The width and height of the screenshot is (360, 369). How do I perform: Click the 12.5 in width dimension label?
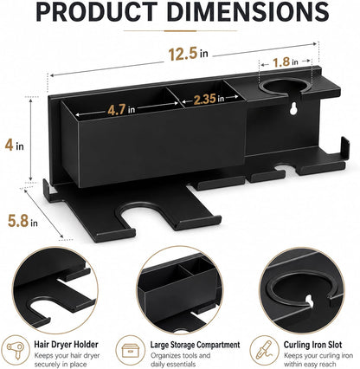[x=188, y=54]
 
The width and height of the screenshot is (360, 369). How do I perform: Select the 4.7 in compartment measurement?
[x=121, y=110]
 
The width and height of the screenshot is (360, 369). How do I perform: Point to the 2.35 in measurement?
[x=209, y=99]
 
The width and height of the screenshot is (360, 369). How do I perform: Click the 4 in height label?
[x=14, y=146]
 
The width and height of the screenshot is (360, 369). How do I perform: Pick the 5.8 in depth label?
[x=22, y=221]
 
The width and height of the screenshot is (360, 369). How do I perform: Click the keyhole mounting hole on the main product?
[x=294, y=108]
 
